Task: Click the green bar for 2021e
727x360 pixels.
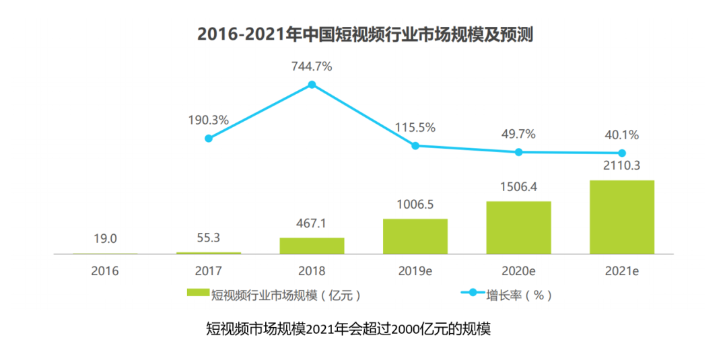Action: [x=622, y=217]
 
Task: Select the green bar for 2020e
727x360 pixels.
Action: [x=518, y=227]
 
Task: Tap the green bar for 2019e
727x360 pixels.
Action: [x=415, y=236]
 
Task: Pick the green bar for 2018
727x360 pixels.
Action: [x=312, y=246]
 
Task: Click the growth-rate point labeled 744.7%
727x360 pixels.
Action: [x=312, y=85]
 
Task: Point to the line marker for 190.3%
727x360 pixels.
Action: [x=209, y=138]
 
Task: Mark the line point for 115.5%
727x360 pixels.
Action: [x=415, y=145]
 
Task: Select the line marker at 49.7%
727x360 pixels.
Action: [x=518, y=152]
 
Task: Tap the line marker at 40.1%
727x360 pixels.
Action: [x=622, y=153]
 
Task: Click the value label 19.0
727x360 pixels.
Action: [x=105, y=238]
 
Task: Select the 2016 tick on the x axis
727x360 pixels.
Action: [x=105, y=271]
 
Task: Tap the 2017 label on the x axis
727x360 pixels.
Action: [x=209, y=271]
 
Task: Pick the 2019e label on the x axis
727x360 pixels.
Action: [x=415, y=271]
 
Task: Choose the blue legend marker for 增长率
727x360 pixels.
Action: [x=472, y=293]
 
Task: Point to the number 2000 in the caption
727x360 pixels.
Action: [x=405, y=330]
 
